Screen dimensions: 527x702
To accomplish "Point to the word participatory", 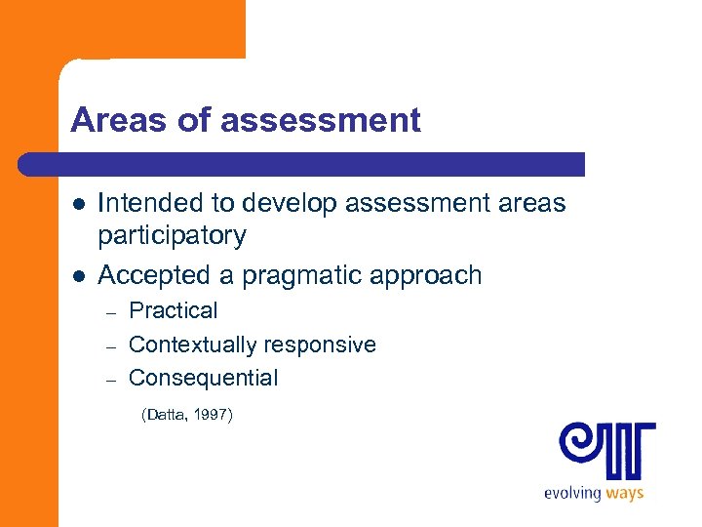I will click(172, 235).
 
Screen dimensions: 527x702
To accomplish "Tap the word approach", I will click(432, 275).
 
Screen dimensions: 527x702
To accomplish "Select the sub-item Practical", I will click(174, 311).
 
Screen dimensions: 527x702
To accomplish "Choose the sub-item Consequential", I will click(203, 378).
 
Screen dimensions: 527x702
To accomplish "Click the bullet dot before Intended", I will click(78, 203).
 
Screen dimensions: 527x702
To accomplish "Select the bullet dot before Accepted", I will click(78, 275).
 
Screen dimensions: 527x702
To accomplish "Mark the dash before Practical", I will click(112, 312).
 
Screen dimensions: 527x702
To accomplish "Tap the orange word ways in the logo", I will click(624, 492).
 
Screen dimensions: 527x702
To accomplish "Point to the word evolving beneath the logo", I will click(572, 493).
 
